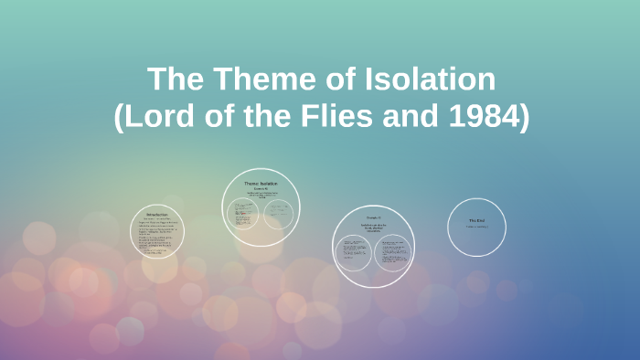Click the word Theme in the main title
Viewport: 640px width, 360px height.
click(x=251, y=79)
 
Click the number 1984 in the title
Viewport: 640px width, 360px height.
click(x=487, y=118)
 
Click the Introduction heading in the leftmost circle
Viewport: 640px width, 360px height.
click(x=157, y=215)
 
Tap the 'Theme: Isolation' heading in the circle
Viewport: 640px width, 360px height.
click(x=261, y=184)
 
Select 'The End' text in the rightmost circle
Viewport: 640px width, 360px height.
click(x=476, y=220)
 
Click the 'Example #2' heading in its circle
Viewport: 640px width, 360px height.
click(x=373, y=217)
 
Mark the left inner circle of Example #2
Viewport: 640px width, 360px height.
click(x=354, y=252)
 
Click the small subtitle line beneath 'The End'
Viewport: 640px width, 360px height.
click(x=476, y=227)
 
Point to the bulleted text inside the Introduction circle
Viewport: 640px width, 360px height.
click(x=157, y=236)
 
